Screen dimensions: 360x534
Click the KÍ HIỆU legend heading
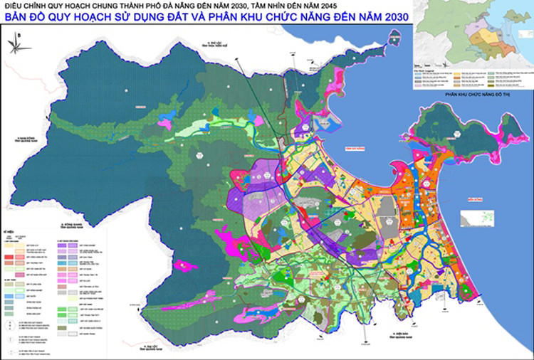tap(12, 231)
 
